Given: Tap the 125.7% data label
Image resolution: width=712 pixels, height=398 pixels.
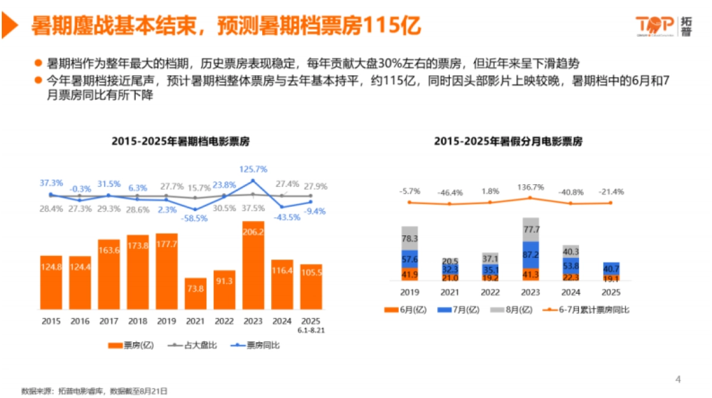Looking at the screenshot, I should (x=254, y=169).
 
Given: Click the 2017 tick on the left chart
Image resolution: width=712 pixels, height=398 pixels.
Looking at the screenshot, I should (x=109, y=321).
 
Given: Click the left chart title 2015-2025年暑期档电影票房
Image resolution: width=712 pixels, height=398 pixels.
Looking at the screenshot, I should (x=180, y=141).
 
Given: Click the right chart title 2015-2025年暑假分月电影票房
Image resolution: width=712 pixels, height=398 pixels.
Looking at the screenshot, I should (x=508, y=141).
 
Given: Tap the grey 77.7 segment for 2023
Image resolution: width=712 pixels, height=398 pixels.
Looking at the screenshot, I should (x=530, y=229).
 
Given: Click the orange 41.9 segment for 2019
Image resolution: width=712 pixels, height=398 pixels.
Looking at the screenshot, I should (x=409, y=274).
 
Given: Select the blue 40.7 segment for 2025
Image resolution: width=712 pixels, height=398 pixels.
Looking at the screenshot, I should (x=611, y=268).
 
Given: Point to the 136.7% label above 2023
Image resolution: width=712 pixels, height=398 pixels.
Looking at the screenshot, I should (x=530, y=191).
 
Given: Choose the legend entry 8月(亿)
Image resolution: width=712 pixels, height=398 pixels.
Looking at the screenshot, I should (x=506, y=309).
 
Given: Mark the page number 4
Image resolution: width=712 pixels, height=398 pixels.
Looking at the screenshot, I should (x=679, y=378).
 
